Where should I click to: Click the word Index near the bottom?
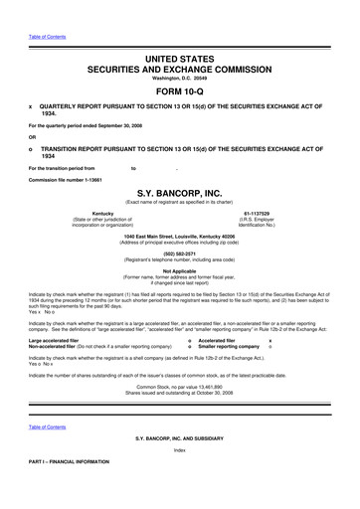pyautogui.click(x=179, y=478)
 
